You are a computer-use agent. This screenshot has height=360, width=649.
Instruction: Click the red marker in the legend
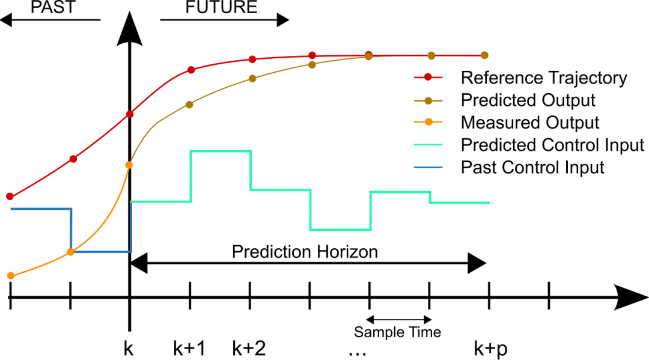[x=428, y=77]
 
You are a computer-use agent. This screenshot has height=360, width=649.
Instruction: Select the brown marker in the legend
[x=428, y=101]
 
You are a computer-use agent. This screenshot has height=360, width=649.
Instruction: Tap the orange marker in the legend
[x=428, y=122]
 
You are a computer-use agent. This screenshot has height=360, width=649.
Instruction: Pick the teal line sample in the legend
[x=428, y=144]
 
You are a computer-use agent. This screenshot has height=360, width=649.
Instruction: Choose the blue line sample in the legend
[x=428, y=167]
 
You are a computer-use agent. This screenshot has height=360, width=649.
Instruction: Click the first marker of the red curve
[x=10, y=196]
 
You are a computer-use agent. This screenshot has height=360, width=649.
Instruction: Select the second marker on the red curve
[x=73, y=159]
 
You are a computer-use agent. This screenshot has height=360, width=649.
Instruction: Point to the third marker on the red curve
[x=130, y=114]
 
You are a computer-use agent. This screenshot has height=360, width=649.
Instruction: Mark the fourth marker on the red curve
[x=190, y=70]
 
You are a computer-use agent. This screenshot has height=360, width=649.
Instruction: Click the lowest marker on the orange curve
[x=10, y=275]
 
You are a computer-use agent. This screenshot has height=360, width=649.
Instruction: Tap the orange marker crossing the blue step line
[x=70, y=252]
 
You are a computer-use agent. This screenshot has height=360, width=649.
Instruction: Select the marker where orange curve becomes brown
[x=129, y=165]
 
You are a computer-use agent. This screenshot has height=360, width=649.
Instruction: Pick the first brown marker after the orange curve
[x=189, y=105]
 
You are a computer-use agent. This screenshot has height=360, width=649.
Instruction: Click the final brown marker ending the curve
[x=484, y=55]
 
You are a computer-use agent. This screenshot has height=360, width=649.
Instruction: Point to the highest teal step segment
[x=221, y=150]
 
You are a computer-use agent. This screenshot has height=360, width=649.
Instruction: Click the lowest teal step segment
[x=340, y=230]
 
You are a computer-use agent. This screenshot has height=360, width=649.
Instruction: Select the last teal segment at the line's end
[x=460, y=203]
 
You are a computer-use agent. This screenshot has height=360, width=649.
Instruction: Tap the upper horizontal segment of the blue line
[x=41, y=209]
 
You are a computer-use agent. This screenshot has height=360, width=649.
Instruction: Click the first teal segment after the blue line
[x=161, y=201]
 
